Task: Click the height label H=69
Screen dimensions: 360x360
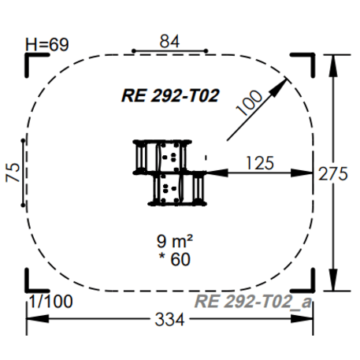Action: [47, 44]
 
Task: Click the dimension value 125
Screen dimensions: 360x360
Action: [259, 163]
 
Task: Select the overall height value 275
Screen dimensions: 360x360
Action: [333, 174]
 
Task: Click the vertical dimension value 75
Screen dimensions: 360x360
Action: [13, 173]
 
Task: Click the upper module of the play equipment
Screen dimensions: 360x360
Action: [162, 154]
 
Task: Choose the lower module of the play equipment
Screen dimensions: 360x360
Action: [178, 187]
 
